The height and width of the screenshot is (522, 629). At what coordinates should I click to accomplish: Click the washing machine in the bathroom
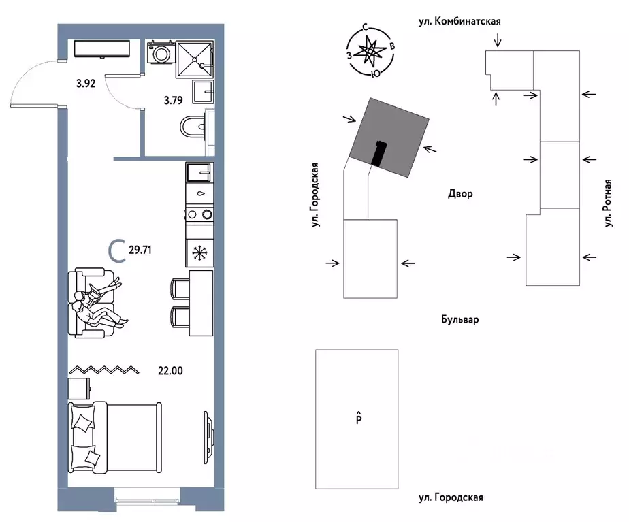pyautogui.click(x=161, y=52)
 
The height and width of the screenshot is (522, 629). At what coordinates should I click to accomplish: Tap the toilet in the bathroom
pyautogui.click(x=193, y=127)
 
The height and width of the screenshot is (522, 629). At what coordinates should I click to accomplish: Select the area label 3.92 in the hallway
pyautogui.click(x=86, y=84)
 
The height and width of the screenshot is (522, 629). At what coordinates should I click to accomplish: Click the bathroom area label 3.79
pyautogui.click(x=174, y=100)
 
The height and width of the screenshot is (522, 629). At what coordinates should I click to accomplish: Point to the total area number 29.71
pyautogui.click(x=140, y=250)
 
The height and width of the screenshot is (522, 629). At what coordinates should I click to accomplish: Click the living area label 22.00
pyautogui.click(x=170, y=370)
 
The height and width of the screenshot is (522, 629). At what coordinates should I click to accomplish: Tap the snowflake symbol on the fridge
pyautogui.click(x=199, y=253)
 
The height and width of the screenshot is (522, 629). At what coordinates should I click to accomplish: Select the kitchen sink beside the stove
pyautogui.click(x=199, y=172)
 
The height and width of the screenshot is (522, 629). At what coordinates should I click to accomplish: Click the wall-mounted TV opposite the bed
pyautogui.click(x=208, y=438)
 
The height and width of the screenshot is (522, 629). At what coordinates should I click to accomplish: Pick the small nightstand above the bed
pyautogui.click(x=79, y=389)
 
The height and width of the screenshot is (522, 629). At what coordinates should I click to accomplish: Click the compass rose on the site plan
pyautogui.click(x=370, y=51)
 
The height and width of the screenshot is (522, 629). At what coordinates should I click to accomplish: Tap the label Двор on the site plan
pyautogui.click(x=460, y=194)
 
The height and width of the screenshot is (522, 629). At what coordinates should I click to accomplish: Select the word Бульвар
pyautogui.click(x=460, y=320)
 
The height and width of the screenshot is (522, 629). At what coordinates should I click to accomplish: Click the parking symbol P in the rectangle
pyautogui.click(x=359, y=418)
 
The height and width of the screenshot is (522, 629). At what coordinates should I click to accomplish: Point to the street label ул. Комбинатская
pyautogui.click(x=459, y=21)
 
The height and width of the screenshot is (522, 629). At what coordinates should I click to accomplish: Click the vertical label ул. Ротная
pyautogui.click(x=608, y=203)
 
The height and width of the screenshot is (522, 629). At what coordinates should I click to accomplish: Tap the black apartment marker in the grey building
pyautogui.click(x=378, y=153)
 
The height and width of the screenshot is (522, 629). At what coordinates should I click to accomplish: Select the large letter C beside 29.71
pyautogui.click(x=116, y=250)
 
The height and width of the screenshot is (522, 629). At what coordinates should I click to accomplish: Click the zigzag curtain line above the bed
pyautogui.click(x=104, y=370)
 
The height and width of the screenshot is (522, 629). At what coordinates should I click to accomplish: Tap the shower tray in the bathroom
pyautogui.click(x=194, y=59)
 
